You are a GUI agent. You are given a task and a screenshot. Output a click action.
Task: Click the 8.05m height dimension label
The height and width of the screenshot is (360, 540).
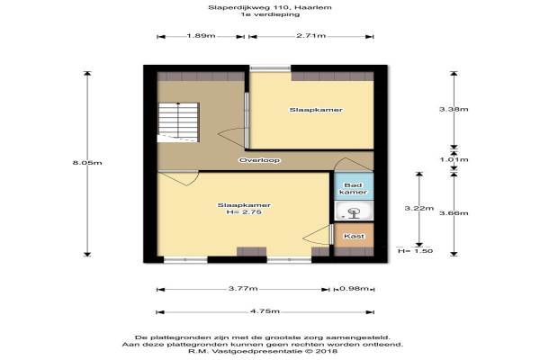coord(87,163)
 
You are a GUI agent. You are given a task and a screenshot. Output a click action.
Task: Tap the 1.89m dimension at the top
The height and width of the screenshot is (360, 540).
coord(201,35)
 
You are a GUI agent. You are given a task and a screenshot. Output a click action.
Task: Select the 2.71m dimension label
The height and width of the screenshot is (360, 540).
coord(311,35)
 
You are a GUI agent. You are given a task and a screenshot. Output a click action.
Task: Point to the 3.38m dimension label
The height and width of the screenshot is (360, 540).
coord(454,109)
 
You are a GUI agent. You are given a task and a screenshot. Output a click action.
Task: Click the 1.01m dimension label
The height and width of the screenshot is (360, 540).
coord(454,159)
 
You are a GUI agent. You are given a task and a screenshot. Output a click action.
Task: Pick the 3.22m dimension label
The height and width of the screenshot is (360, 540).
coord(418,208)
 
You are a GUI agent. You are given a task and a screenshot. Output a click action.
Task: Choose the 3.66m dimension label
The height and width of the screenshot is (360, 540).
coord(454,213)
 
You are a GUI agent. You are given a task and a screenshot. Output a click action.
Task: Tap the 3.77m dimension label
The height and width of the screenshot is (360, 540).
coord(243,288)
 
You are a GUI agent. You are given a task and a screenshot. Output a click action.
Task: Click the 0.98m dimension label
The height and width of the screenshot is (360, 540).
coord(354,288)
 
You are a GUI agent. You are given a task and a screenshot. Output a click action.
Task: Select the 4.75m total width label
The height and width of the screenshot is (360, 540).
coord(265,311)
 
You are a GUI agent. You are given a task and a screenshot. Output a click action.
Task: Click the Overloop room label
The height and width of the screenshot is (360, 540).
coord(260,160)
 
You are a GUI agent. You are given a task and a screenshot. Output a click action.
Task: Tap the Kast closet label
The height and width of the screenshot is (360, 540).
coord(354,237)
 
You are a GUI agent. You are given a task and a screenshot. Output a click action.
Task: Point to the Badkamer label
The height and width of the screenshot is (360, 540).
coord(354,189)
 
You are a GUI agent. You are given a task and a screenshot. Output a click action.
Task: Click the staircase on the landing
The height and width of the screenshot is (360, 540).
coord(178,122)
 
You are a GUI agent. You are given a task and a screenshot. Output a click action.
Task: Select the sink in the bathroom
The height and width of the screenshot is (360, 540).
coord(354,211)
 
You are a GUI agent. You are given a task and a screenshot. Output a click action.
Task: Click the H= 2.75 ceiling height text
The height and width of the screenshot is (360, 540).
coord(244,212)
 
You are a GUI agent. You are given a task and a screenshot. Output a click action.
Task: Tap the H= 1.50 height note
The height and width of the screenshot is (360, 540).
coord(415,251)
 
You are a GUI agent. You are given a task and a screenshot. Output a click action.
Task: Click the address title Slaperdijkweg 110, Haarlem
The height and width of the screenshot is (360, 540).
coord(270,7)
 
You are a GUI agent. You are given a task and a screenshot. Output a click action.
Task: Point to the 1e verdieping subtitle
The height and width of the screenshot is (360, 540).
coord(270,14)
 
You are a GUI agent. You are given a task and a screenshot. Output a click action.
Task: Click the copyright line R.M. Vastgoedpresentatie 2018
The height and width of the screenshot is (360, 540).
coord(263,351)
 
